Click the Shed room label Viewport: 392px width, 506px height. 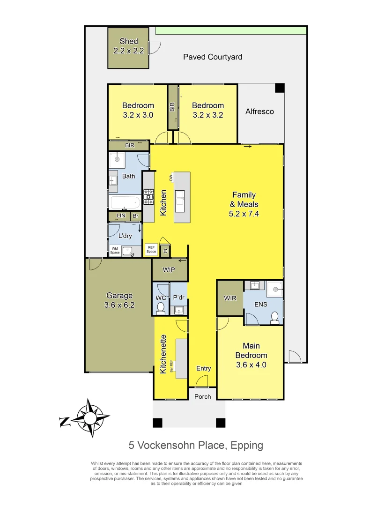click(128, 46)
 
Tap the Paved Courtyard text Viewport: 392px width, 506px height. click(213, 57)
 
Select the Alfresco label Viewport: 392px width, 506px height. click(259, 112)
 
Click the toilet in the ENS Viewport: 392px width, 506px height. click(275, 318)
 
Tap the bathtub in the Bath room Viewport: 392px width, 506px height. click(125, 202)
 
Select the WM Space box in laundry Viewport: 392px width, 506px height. click(115, 251)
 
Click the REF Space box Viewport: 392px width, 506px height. click(151, 249)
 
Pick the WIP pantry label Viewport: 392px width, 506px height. click(169, 270)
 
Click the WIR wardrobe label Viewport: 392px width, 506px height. click(230, 298)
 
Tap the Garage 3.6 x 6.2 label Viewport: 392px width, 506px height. click(119, 300)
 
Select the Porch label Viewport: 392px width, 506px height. click(202, 396)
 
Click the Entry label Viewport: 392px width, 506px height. click(203, 368)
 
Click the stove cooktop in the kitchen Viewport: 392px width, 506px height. click(148, 196)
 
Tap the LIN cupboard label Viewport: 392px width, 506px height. click(121, 216)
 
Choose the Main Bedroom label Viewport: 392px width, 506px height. click(251, 355)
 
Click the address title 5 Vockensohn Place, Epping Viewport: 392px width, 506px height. click(196, 445)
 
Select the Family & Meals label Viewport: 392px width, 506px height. click(244, 204)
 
